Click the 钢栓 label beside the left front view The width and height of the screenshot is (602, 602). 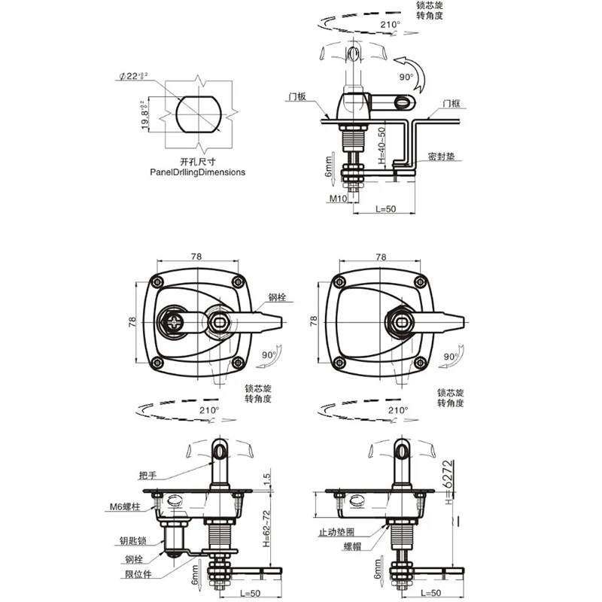tap(277, 298)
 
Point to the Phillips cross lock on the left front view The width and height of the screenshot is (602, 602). tap(174, 324)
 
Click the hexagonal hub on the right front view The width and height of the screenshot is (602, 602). tap(397, 324)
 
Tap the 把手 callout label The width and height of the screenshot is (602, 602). tap(148, 475)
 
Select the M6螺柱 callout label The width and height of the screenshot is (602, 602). tap(125, 508)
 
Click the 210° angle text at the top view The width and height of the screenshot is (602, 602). tap(391, 25)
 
